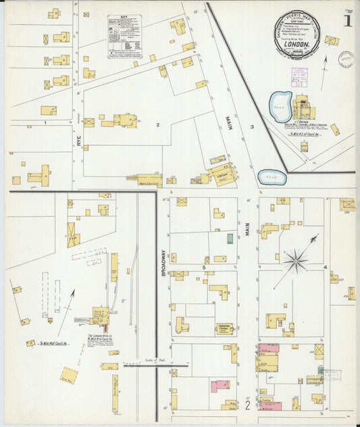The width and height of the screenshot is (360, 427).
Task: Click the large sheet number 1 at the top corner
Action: pos(347,20)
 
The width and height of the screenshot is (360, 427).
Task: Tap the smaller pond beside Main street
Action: pos(272,177)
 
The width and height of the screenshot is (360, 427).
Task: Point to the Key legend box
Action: pos(125,36)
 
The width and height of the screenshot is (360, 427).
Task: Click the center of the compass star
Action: pos(296,259)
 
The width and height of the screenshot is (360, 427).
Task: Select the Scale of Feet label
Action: pos(155,361)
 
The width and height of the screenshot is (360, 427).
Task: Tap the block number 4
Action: pos(325,268)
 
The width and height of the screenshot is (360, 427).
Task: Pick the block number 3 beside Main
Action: pos(252,127)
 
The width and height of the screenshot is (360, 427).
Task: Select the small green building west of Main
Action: pos(230,238)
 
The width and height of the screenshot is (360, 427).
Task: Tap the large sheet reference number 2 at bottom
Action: pos(248,406)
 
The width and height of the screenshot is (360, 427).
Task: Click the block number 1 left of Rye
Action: pos(45,124)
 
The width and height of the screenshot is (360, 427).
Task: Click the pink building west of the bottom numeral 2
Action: pos(218,386)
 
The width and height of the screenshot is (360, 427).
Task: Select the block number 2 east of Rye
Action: pos(157,125)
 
